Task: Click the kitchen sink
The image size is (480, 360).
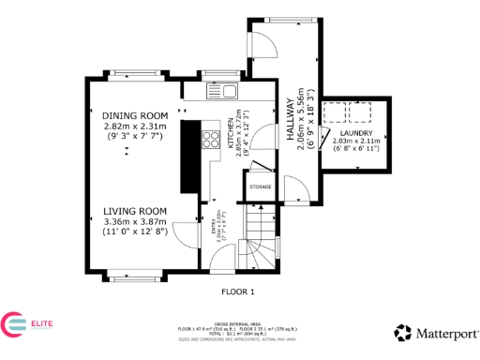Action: pyautogui.click(x=227, y=92)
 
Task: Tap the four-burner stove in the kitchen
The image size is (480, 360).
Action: pyautogui.click(x=211, y=140)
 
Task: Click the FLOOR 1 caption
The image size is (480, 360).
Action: pyautogui.click(x=238, y=292)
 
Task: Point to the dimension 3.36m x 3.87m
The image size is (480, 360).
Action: pyautogui.click(x=134, y=221)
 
